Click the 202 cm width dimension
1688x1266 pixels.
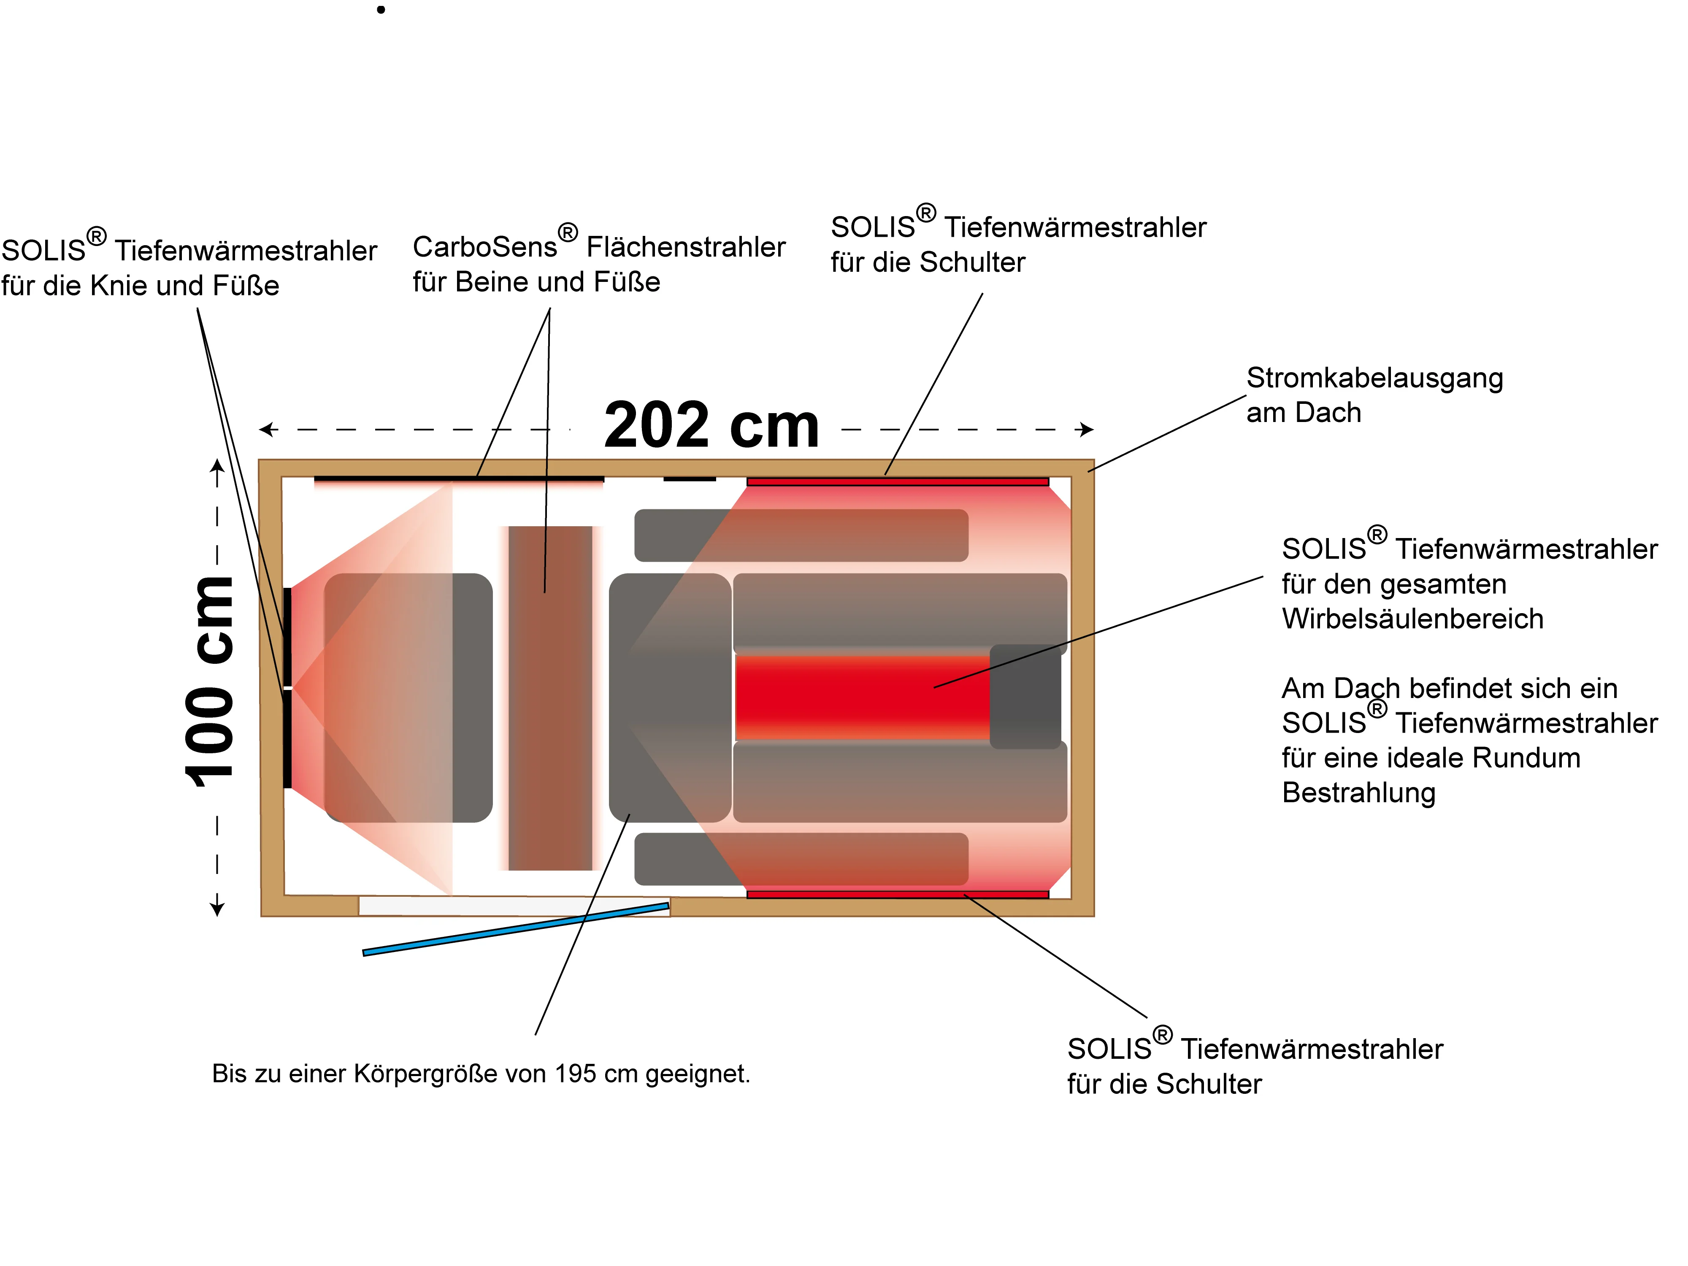click(x=711, y=426)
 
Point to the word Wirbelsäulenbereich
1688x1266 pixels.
click(x=1412, y=619)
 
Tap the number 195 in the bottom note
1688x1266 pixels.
click(x=575, y=1074)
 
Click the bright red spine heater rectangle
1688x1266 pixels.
click(x=862, y=696)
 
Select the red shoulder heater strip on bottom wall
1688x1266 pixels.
click(x=898, y=894)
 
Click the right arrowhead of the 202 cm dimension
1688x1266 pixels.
click(x=1087, y=430)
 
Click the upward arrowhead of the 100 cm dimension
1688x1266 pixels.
click(x=217, y=465)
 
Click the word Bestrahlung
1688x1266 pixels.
click(x=1358, y=793)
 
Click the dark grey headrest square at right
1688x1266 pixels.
click(x=1025, y=696)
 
